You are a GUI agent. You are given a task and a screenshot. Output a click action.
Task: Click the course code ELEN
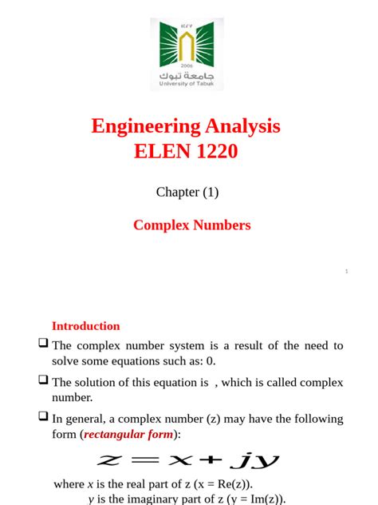pos(162,150)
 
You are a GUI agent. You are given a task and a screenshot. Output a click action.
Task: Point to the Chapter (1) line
pos(187,192)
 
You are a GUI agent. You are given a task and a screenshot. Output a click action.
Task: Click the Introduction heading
pos(85,326)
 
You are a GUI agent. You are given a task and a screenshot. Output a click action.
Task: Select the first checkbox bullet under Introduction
pos(43,344)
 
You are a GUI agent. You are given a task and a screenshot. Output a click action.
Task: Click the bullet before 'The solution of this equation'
pos(43,380)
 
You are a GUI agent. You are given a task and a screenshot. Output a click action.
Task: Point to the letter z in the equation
pos(108,461)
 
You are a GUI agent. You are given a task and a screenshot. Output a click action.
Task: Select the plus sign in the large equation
pos(211,461)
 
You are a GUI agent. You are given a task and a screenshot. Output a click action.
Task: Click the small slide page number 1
pos(347,272)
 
